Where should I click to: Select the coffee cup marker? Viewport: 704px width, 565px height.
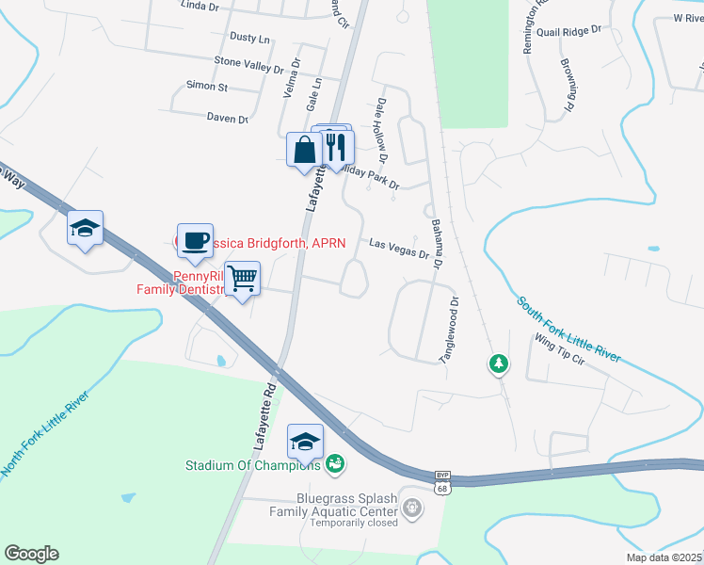tap(196, 241)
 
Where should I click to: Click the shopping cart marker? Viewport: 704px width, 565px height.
tap(243, 279)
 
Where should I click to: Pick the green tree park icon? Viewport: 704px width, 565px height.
tap(499, 363)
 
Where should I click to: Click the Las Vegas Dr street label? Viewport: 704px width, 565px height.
tap(399, 249)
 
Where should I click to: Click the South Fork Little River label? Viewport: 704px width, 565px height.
tap(568, 330)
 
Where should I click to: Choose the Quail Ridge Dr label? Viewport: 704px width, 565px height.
tap(568, 31)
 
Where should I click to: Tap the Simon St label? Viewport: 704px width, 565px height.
tap(207, 87)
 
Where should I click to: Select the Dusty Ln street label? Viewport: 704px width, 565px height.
tap(249, 39)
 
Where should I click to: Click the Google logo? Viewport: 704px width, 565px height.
tap(31, 554)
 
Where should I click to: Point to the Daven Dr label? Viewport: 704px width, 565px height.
tap(227, 119)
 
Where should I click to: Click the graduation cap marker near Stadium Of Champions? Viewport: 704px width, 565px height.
tap(306, 442)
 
